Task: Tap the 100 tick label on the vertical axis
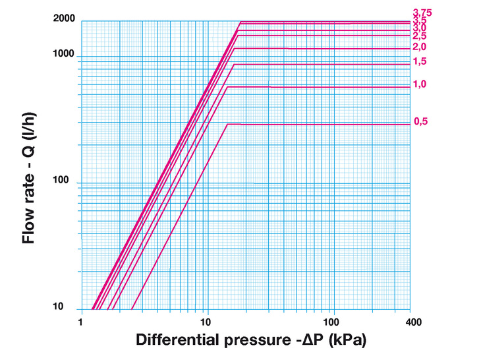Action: pos(69,181)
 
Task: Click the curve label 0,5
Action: pos(420,121)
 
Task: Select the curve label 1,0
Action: pos(420,84)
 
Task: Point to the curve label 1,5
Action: pos(420,61)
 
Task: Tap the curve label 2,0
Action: pos(420,47)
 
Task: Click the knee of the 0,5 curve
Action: pos(227,124)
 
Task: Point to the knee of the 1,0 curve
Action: pos(227,87)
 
